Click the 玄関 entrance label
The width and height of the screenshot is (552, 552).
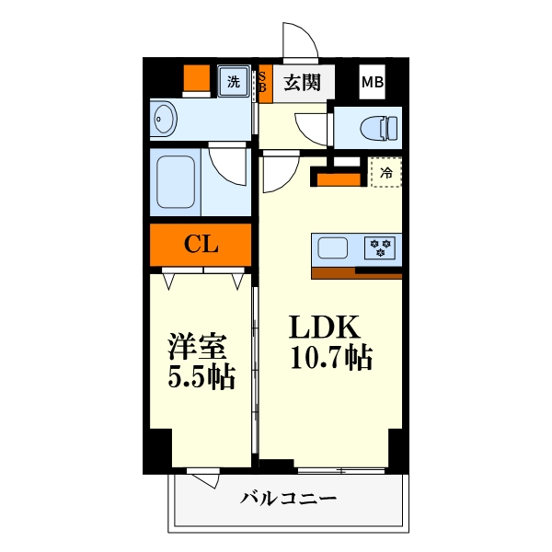click(302, 83)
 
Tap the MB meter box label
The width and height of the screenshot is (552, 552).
click(373, 83)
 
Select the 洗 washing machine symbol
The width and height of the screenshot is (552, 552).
click(234, 81)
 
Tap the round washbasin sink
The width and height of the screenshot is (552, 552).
click(167, 120)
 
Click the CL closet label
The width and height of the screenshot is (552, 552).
click(201, 244)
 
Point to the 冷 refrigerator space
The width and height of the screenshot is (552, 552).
click(386, 172)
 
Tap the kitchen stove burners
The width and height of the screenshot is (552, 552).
click(380, 247)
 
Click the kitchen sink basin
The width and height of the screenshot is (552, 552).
click(333, 247)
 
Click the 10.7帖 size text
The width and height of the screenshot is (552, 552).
click(331, 358)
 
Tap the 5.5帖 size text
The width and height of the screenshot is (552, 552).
click(200, 376)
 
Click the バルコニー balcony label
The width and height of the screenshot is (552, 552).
click(289, 500)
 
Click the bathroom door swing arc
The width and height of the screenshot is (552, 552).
click(226, 164)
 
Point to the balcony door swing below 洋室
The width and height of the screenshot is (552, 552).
click(204, 480)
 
